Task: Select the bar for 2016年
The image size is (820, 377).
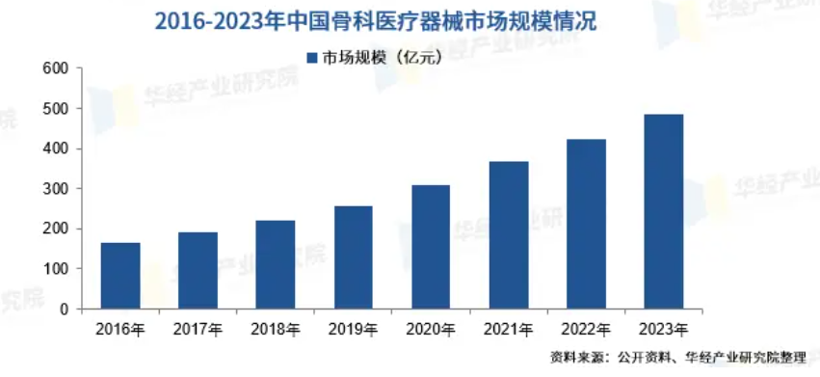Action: click(x=120, y=276)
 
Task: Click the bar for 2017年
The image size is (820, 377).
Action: click(x=198, y=271)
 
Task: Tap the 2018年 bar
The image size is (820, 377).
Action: click(x=276, y=265)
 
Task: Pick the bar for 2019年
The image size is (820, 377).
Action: click(x=353, y=257)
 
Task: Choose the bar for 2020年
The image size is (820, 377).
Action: click(x=431, y=247)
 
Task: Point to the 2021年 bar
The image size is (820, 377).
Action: click(x=508, y=235)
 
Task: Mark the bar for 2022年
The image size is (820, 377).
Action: click(x=586, y=224)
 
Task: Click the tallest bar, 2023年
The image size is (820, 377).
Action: click(x=663, y=212)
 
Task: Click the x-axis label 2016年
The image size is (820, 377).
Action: click(x=120, y=329)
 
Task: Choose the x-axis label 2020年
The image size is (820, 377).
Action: click(x=431, y=329)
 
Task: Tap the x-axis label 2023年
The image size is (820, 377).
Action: click(x=663, y=329)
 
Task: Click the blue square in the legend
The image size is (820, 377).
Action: click(x=311, y=57)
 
